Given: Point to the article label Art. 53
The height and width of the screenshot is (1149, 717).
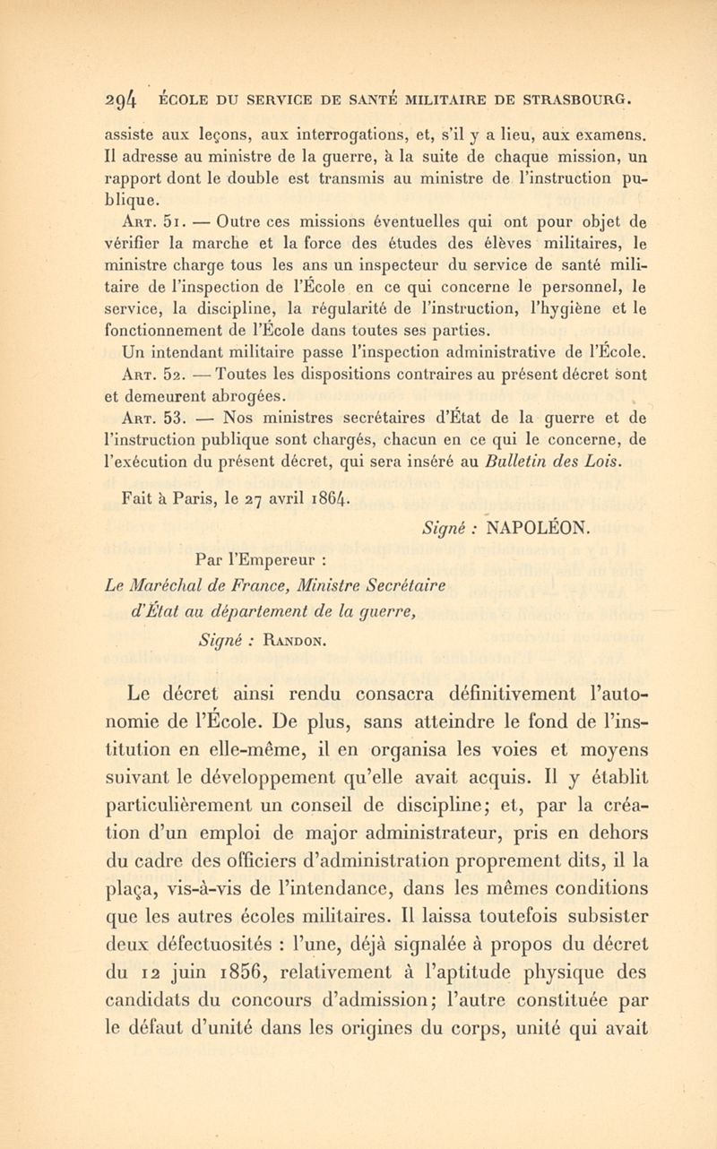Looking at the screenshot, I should pos(132,394).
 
